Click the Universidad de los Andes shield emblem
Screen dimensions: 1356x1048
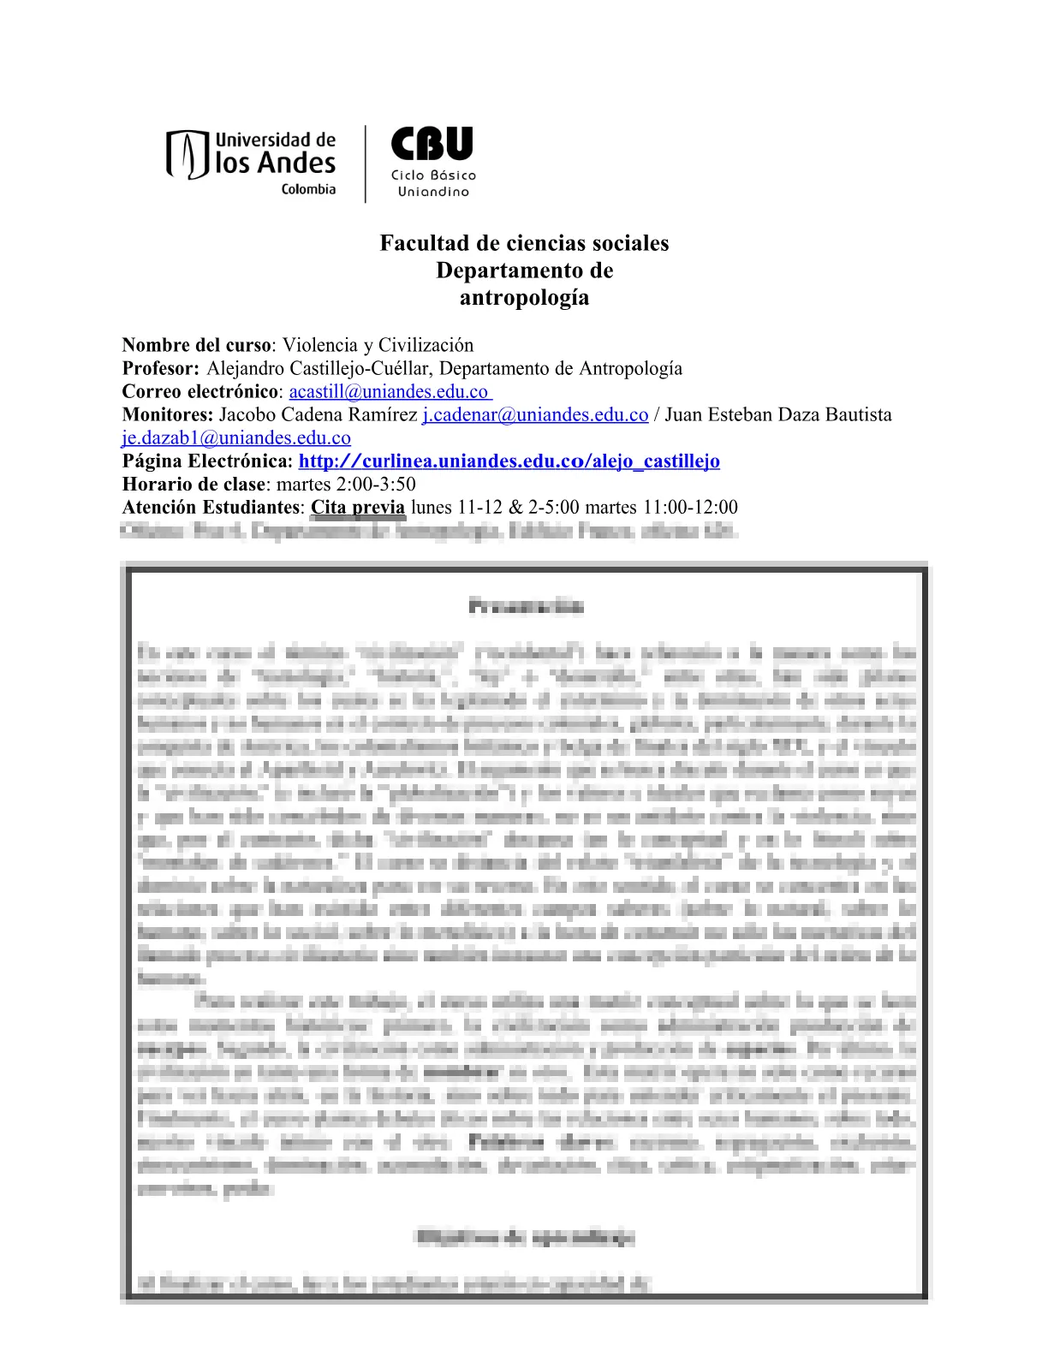coord(188,155)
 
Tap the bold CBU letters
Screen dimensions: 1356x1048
coord(432,144)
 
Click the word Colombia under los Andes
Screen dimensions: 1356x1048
coord(308,189)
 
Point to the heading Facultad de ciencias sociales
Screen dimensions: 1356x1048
coord(524,243)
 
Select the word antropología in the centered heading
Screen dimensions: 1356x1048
coord(524,298)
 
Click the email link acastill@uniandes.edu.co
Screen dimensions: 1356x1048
coord(389,392)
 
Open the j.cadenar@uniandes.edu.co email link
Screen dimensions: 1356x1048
coord(535,415)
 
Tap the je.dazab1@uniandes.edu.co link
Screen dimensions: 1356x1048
coord(236,438)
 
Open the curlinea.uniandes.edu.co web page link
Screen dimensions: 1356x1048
coord(509,461)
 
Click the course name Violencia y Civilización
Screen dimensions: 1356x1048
coord(378,345)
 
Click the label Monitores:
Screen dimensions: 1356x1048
coord(167,415)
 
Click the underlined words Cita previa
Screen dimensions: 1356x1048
coord(357,508)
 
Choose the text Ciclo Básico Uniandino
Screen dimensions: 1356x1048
coord(433,183)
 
